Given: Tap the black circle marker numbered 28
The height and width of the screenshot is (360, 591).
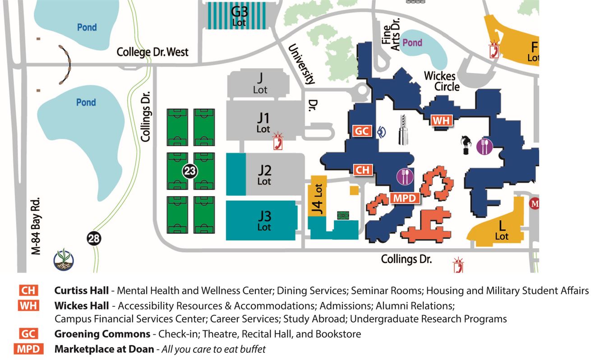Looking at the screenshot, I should tap(94, 239).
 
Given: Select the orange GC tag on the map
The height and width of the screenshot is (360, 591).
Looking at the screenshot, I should tap(362, 131).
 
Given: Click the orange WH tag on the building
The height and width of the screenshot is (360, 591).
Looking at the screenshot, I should tap(441, 120).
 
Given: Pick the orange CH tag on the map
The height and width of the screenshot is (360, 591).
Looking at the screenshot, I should tap(362, 170).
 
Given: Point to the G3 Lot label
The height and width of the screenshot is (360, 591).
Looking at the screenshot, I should tap(240, 15).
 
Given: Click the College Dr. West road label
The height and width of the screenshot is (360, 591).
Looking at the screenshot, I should tap(152, 52).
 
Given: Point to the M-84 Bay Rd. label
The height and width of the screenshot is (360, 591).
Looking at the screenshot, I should tap(37, 226).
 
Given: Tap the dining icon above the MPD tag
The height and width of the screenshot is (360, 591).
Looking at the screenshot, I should tap(405, 176).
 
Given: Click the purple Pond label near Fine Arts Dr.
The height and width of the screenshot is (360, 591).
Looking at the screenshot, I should tap(412, 43).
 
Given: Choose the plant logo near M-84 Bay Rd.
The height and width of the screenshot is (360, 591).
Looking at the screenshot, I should tap(63, 260).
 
